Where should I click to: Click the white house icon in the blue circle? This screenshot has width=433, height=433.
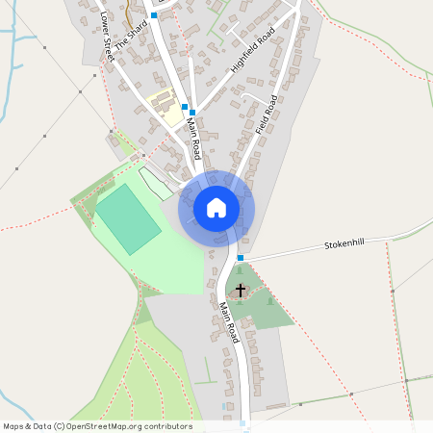click(216, 207)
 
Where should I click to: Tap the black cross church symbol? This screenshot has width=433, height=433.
click(240, 289)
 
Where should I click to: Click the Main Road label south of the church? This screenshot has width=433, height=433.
click(228, 323)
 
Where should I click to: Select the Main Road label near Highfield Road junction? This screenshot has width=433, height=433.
click(193, 137)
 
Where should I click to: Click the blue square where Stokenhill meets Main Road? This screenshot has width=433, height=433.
click(241, 258)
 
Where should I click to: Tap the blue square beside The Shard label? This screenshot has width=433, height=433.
click(153, 15)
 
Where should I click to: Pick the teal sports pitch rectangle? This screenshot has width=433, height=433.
click(127, 219)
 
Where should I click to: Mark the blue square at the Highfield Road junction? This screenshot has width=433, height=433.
click(192, 113)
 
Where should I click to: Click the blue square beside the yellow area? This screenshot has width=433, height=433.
click(185, 107)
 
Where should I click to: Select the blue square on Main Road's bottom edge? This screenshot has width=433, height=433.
click(243, 423)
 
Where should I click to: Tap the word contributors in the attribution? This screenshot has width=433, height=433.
click(168, 426)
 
